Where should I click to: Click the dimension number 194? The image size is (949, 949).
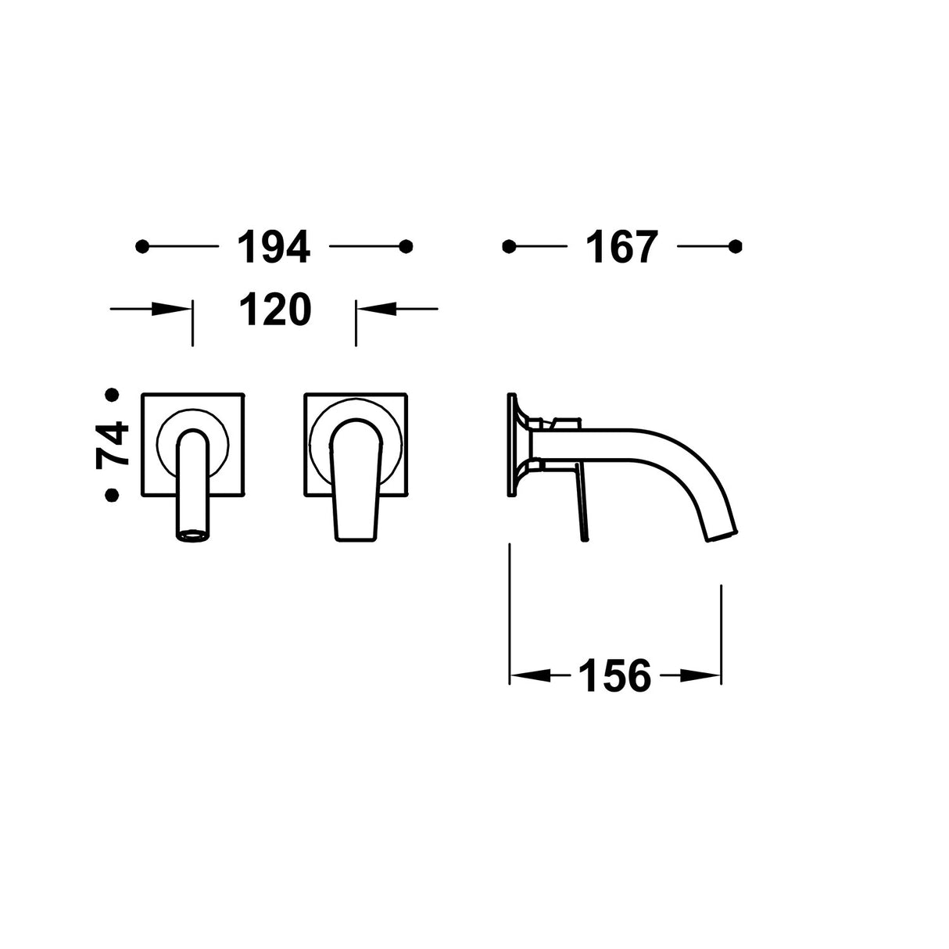point(274,246)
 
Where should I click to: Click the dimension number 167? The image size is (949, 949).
point(622,246)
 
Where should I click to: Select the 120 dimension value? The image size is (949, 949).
point(275,309)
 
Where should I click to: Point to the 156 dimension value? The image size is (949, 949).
point(615,675)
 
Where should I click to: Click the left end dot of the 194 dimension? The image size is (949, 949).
point(141,246)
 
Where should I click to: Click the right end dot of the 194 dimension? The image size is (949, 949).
point(406,246)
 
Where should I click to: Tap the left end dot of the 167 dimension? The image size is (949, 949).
point(509,246)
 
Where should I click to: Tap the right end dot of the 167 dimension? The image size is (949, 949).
point(735,246)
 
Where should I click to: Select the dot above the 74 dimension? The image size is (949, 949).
point(113,395)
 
